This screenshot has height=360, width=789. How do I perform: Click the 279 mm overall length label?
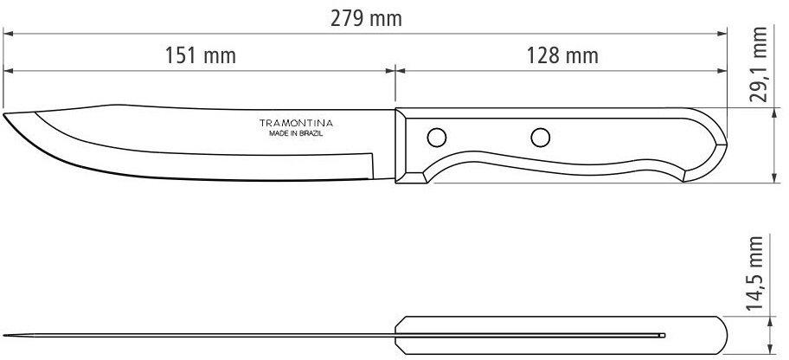click(366, 19)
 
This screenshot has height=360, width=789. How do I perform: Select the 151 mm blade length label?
click(201, 55)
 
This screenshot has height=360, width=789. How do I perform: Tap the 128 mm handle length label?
click(562, 55)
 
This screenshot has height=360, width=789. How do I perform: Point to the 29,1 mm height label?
click(758, 64)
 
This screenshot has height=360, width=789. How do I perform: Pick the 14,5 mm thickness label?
click(755, 273)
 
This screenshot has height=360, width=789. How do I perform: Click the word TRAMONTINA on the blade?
click(296, 123)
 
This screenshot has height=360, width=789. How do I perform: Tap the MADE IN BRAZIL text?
click(296, 134)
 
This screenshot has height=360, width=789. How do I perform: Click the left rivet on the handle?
click(436, 137)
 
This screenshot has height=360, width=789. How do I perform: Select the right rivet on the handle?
click(541, 137)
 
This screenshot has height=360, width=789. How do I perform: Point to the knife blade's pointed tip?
click(4, 114)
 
